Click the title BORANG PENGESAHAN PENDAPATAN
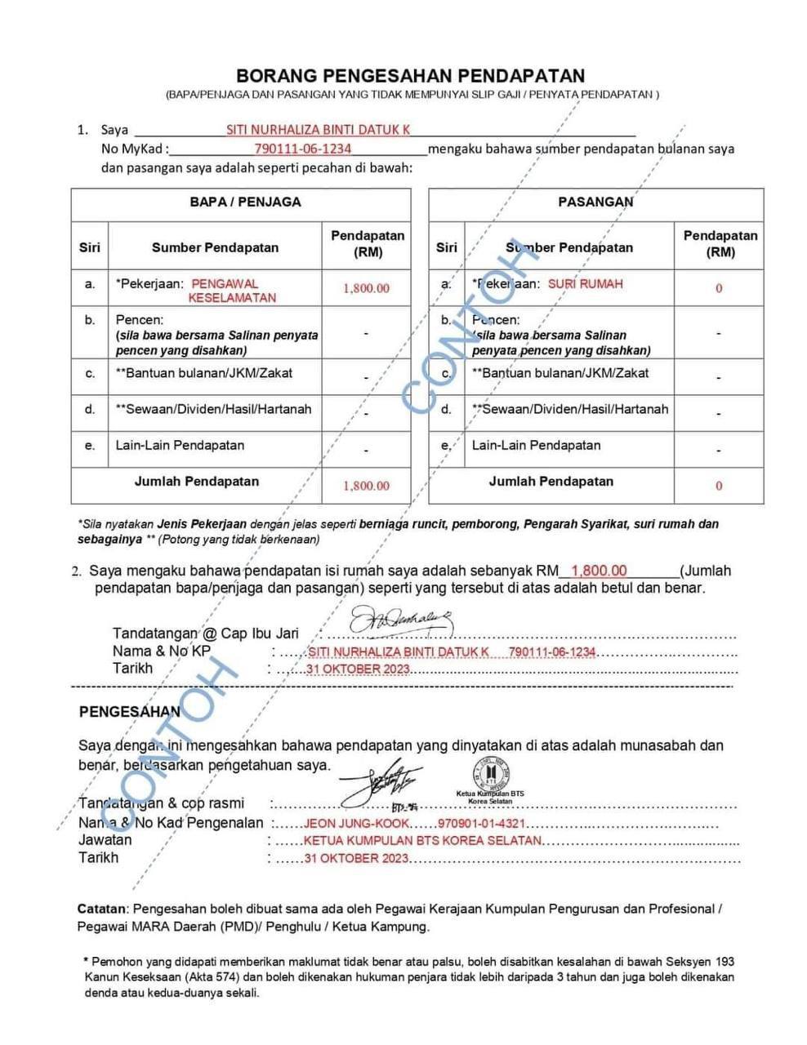click(410, 76)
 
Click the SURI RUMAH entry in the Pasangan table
click(585, 284)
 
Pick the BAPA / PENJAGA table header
click(245, 202)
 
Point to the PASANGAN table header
click(595, 202)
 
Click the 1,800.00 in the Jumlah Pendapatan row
click(366, 486)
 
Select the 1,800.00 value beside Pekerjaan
click(366, 288)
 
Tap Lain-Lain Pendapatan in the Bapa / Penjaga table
click(180, 446)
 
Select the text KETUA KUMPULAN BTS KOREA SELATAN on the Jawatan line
click(422, 841)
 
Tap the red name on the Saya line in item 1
click(318, 130)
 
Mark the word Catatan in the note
click(102, 909)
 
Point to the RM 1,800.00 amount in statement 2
click(599, 571)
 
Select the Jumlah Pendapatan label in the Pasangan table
click(551, 482)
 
